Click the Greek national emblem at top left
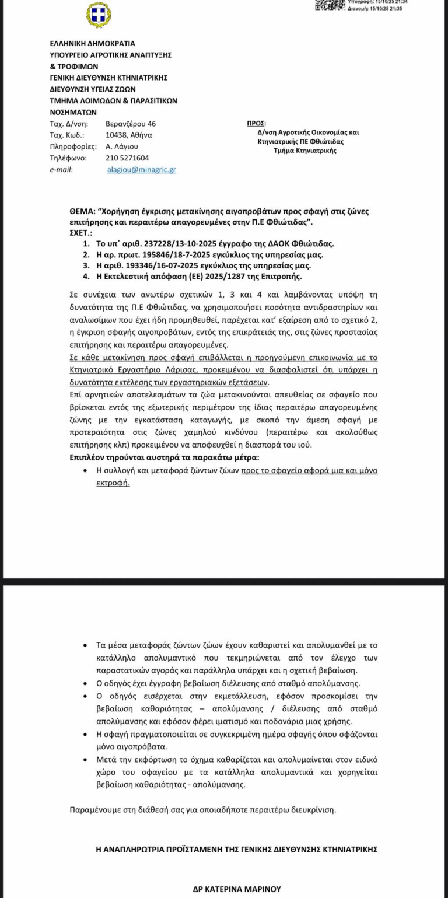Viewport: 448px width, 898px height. (99, 15)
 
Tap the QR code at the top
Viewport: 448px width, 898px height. (330, 5)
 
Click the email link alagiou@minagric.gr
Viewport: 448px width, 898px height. (141, 169)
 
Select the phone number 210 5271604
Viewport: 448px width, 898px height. (127, 158)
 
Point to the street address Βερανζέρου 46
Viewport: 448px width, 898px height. (131, 124)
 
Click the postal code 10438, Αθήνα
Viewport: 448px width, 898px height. (129, 135)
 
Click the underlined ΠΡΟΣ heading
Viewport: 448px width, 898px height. (256, 124)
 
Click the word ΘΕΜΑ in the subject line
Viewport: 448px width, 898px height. (82, 211)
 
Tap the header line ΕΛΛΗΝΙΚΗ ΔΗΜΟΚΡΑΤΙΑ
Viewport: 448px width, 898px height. (92, 43)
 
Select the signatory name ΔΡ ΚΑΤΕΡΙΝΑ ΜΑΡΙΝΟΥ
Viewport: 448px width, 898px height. (237, 889)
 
